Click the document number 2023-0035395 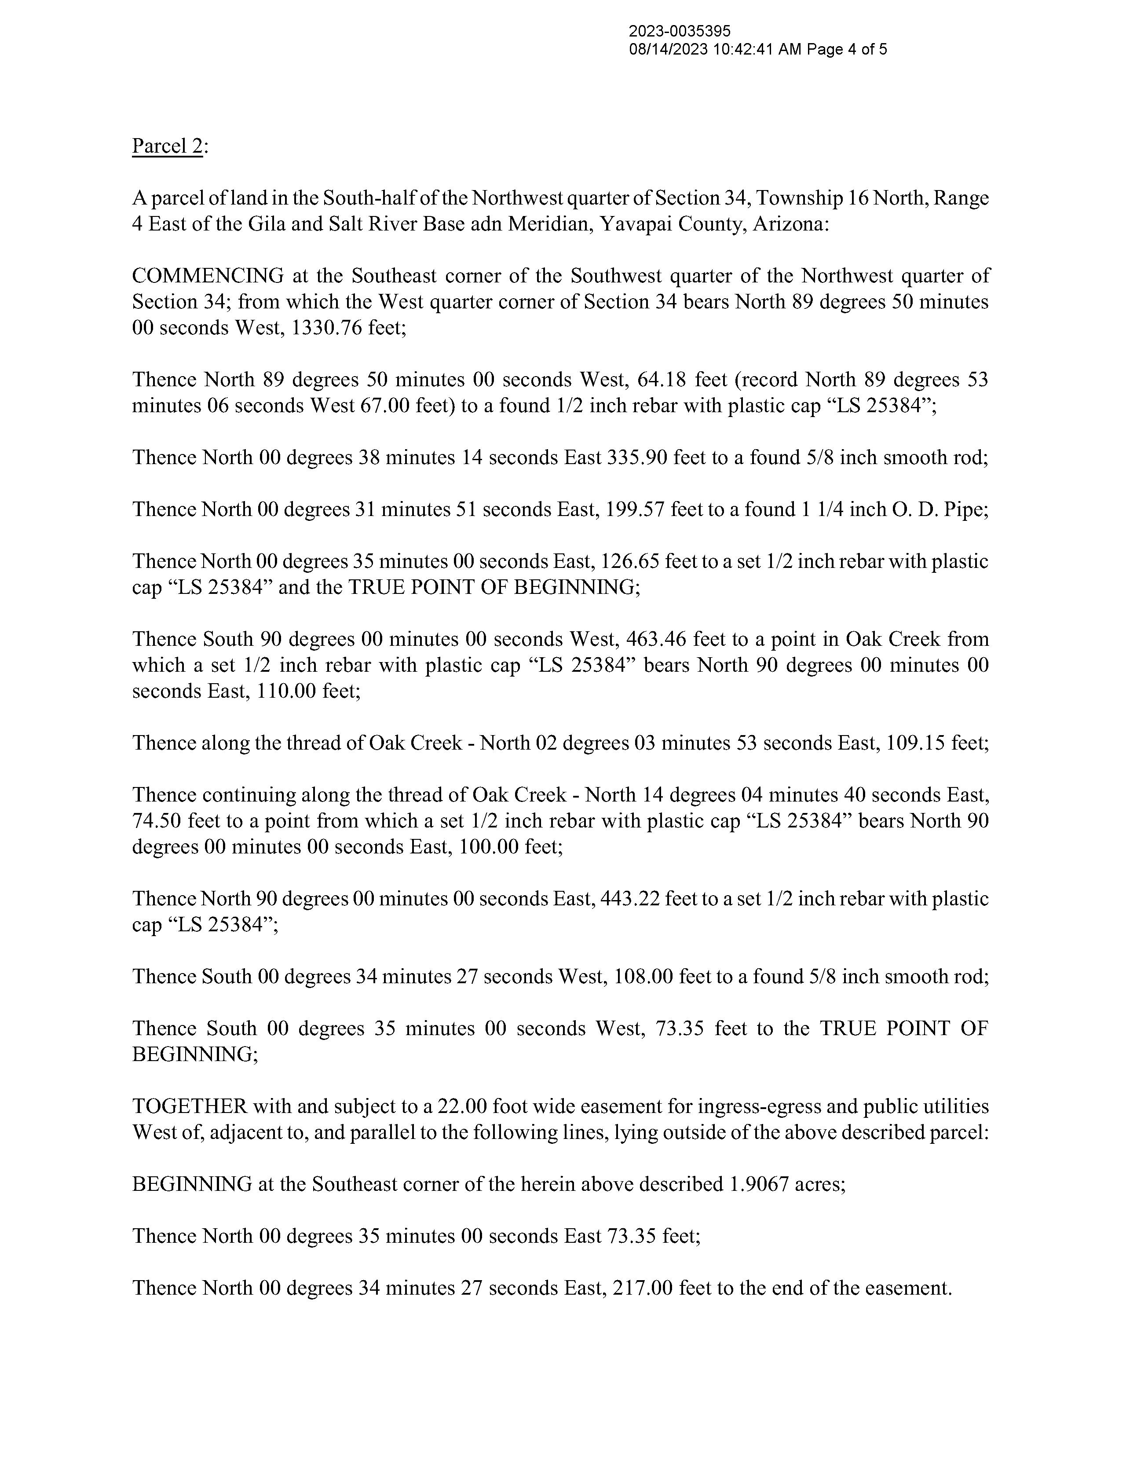click(x=680, y=31)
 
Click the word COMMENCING click(x=208, y=275)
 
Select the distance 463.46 click(x=657, y=639)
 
